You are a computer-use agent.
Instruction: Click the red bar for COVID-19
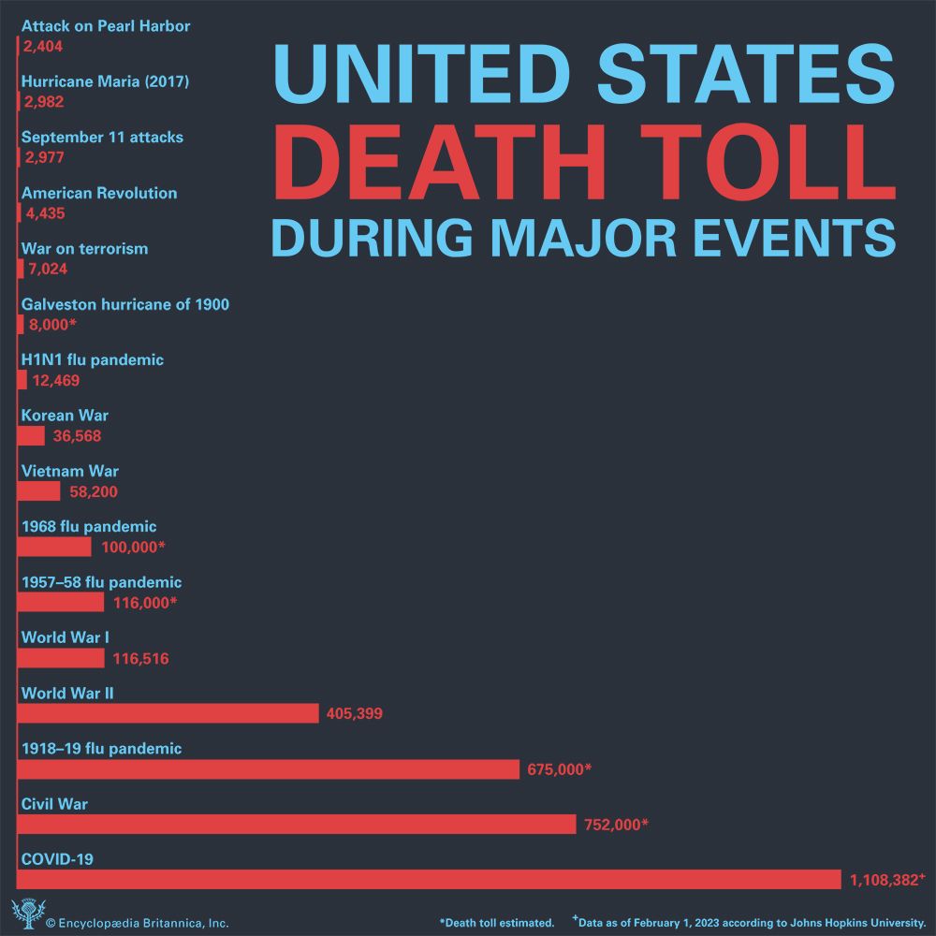coord(431,879)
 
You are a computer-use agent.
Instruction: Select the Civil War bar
coord(297,824)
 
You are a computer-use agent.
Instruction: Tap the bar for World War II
coord(168,713)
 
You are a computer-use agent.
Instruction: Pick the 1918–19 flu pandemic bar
coord(269,768)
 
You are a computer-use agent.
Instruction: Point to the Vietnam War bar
coord(39,491)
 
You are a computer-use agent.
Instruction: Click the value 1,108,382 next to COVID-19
coord(885,880)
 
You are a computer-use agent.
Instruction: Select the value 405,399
coord(354,714)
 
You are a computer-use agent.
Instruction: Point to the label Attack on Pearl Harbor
coord(105,26)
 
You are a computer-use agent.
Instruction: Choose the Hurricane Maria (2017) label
coord(105,81)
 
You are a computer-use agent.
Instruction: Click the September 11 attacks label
coord(102,138)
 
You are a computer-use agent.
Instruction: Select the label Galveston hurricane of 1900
coord(124,304)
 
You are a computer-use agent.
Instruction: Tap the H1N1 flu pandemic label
coord(92,359)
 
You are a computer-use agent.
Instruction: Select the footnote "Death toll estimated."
coord(496,922)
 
